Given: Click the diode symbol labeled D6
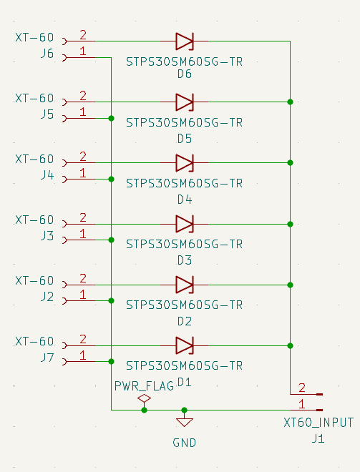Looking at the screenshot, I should pyautogui.click(x=185, y=41).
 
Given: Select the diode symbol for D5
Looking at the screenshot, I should pyautogui.click(x=185, y=102).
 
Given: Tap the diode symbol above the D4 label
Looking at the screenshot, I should pyautogui.click(x=185, y=163).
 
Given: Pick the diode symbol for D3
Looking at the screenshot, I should pyautogui.click(x=185, y=224).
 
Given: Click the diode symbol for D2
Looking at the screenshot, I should pyautogui.click(x=185, y=285).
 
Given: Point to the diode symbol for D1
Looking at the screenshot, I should pyautogui.click(x=185, y=345).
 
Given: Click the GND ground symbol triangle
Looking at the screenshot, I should pyautogui.click(x=184, y=422).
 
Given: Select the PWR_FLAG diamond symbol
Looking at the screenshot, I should pyautogui.click(x=144, y=398).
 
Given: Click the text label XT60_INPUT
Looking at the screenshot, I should pyautogui.click(x=318, y=423).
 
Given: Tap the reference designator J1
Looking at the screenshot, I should pyautogui.click(x=318, y=438).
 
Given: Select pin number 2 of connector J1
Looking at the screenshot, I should pyautogui.click(x=301, y=388).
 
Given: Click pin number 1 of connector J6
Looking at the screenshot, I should pyautogui.click(x=83, y=51).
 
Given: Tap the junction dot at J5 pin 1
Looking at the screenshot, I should pyautogui.click(x=111, y=118).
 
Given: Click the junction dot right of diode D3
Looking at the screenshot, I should pyautogui.click(x=290, y=224).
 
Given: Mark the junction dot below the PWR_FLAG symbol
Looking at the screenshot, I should pyautogui.click(x=144, y=410).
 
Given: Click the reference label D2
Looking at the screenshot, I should pyautogui.click(x=185, y=321).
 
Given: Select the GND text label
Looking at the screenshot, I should pyautogui.click(x=184, y=443).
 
